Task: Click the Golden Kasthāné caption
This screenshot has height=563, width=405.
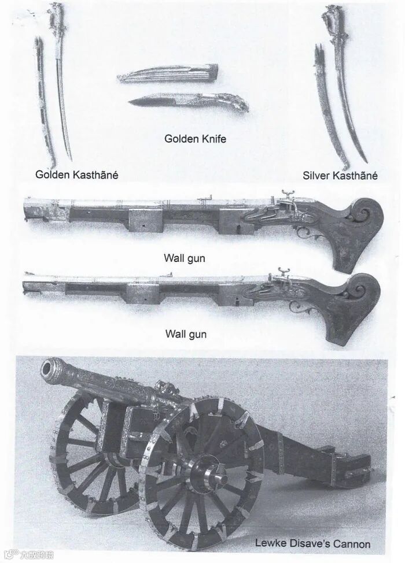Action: coord(76,174)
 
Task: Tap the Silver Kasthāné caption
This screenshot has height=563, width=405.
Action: coord(340,175)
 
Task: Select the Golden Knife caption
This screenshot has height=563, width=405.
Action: coord(195,139)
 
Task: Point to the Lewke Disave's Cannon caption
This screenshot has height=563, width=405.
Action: coord(312,543)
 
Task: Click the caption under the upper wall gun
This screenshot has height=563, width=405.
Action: coord(185,258)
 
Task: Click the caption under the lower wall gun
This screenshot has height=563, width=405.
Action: coord(185,334)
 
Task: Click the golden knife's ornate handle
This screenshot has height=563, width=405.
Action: coord(229,102)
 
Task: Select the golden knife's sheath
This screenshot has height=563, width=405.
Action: coord(168,73)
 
